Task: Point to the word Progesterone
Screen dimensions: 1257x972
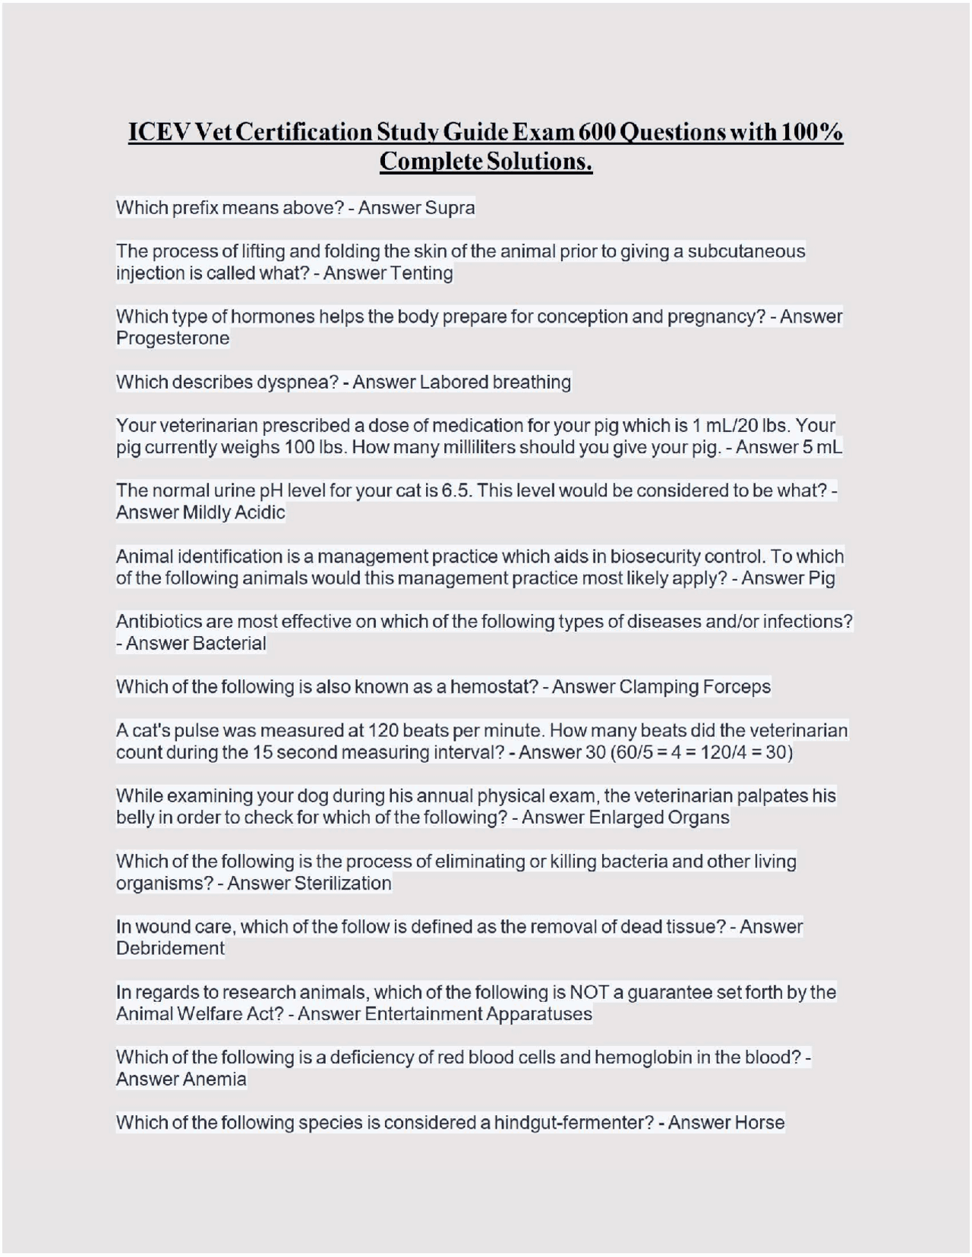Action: (x=172, y=338)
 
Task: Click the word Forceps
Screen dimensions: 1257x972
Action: (x=736, y=687)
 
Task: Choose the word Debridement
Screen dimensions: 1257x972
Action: (x=170, y=948)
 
